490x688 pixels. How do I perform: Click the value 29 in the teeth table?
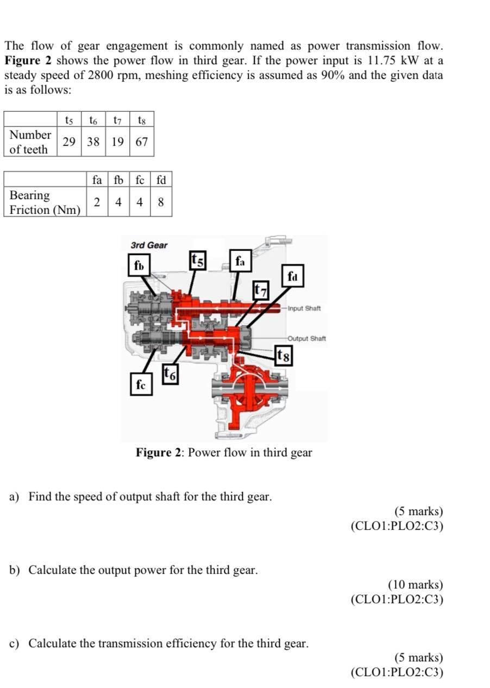coord(69,142)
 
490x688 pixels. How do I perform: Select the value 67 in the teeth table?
coord(142,142)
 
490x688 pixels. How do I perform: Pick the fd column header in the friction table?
coord(161,179)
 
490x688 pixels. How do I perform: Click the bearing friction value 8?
coord(161,202)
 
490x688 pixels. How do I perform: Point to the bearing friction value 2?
coord(97,202)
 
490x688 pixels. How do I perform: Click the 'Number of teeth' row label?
coord(30,142)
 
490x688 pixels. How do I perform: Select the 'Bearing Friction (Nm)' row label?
coord(45,202)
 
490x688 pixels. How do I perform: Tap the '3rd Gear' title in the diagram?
coord(149,245)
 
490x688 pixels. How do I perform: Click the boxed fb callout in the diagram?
coord(139,266)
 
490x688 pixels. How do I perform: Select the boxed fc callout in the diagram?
coord(141,385)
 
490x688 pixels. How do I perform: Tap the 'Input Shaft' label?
coord(304,308)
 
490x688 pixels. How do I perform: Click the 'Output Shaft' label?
coord(307,338)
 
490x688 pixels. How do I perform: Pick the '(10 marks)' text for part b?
coord(415,585)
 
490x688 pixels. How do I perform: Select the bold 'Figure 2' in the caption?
coord(160,453)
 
